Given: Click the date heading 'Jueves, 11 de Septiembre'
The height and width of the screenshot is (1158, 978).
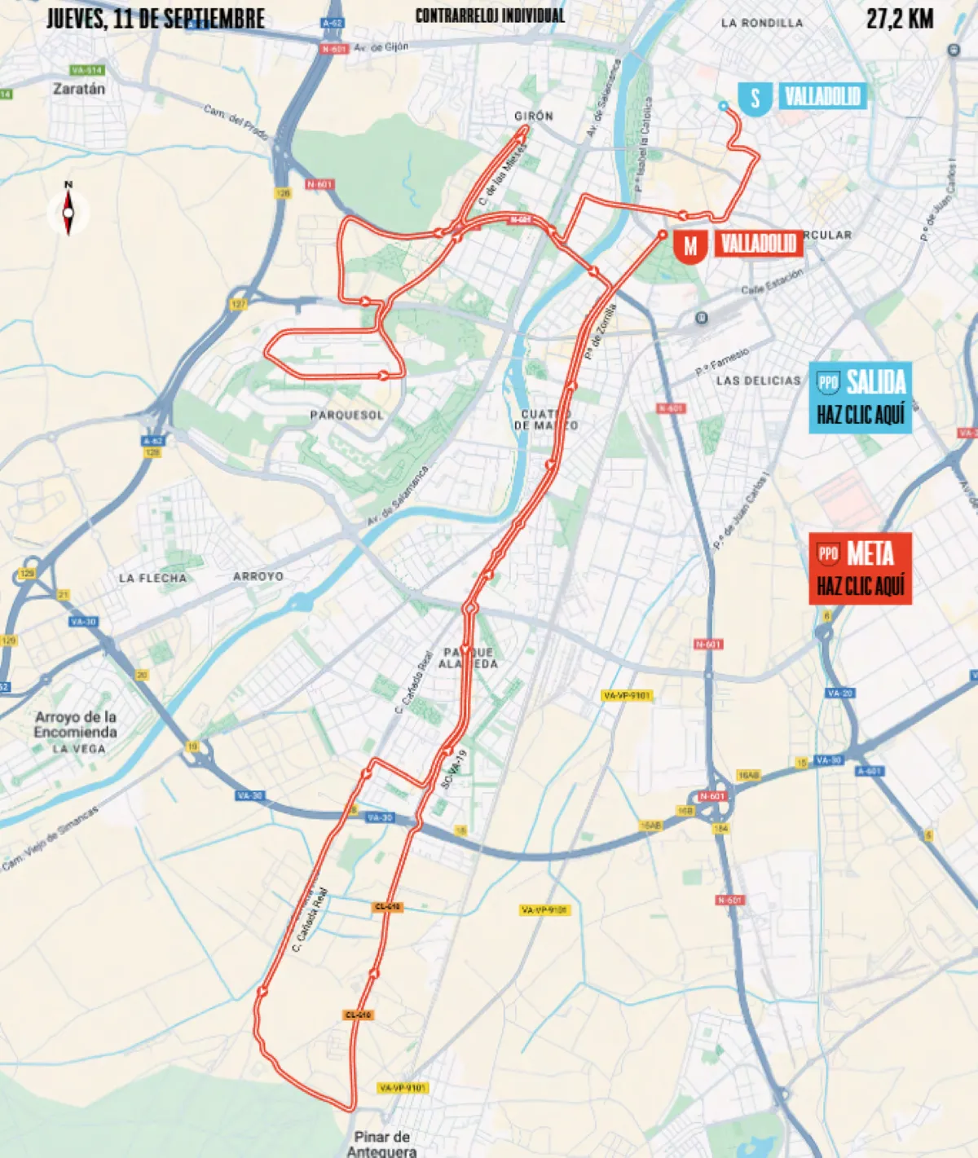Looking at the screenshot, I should (155, 19).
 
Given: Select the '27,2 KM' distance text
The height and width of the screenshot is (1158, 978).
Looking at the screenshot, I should (900, 19).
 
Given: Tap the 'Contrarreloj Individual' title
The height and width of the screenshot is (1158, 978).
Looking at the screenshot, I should (489, 16).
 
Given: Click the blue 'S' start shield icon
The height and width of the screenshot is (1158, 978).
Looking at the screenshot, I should (755, 99).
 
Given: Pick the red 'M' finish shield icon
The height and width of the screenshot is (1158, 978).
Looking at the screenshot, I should (690, 245).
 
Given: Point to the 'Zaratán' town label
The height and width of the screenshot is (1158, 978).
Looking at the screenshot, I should (79, 89).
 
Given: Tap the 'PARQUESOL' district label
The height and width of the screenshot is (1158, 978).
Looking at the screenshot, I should (346, 415).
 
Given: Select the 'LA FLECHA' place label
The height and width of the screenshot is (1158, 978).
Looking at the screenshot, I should (152, 578).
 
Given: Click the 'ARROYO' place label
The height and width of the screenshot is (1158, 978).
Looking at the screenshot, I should (258, 576).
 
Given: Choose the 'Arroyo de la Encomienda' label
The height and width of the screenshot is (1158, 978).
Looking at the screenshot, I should (76, 724).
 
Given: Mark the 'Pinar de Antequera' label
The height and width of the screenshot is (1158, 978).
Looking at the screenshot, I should (381, 1143).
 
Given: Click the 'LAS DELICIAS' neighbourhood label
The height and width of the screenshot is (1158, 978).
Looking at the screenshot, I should (758, 381).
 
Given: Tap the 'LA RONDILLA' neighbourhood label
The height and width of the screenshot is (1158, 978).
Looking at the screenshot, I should (761, 23).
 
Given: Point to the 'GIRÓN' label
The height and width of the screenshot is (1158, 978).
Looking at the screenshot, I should (534, 116).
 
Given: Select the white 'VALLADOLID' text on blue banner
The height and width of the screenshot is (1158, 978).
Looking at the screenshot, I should (822, 98).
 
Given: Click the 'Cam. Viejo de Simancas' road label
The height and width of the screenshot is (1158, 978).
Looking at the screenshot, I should (50, 839).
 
